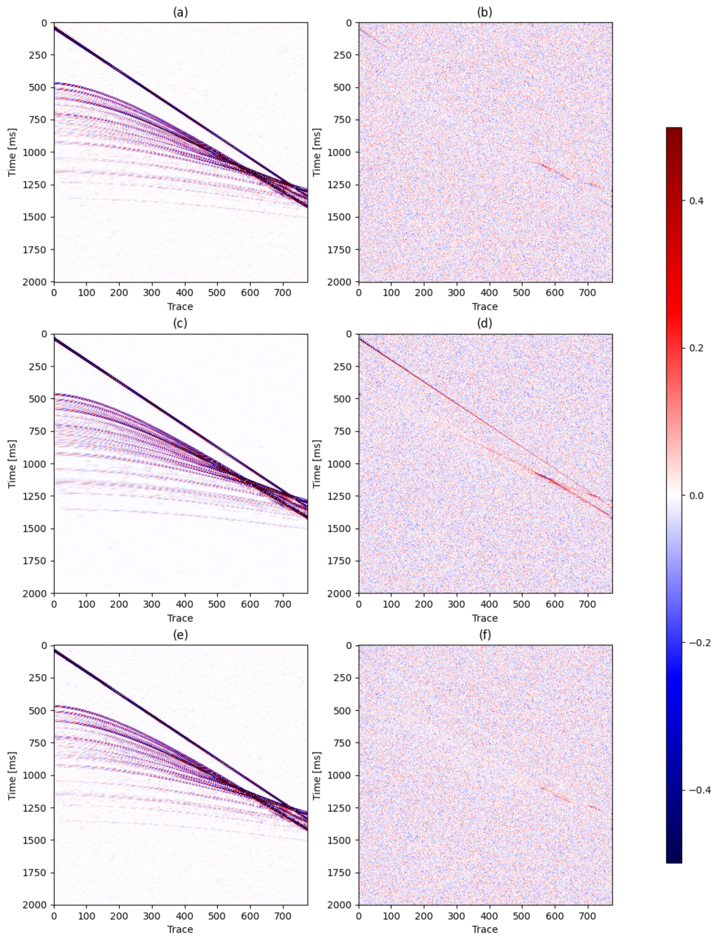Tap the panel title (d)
click(x=485, y=324)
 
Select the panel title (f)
click(x=485, y=635)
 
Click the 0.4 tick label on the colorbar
click(x=696, y=201)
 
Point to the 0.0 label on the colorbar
click(x=696, y=496)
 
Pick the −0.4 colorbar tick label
click(x=699, y=790)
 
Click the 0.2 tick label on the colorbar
click(x=696, y=348)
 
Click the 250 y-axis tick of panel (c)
click(x=41, y=366)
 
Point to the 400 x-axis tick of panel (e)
click(x=184, y=916)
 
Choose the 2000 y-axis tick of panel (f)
click(x=343, y=905)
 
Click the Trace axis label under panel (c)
click(x=180, y=618)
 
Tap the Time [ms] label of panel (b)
click(x=317, y=152)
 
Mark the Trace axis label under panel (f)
click(x=485, y=930)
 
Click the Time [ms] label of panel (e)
click(x=12, y=775)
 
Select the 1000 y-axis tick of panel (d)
click(x=343, y=464)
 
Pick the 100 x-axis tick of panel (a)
click(x=86, y=293)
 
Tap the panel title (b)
click(x=485, y=13)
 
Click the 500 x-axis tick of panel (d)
click(x=522, y=604)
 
